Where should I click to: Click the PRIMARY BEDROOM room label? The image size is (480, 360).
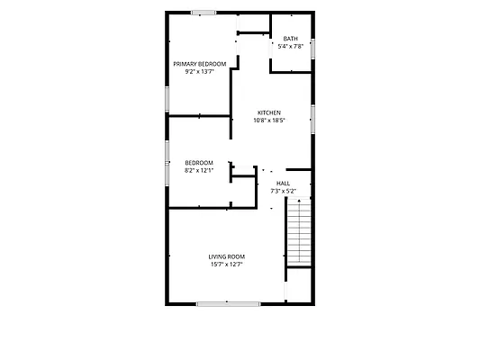point(200,64)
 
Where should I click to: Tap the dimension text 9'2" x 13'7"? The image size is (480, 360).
point(199,72)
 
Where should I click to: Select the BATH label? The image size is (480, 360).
point(291,39)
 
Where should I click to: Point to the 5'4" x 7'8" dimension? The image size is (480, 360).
point(291,47)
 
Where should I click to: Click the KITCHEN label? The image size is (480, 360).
point(269,112)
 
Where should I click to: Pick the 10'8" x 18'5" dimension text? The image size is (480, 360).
point(269,121)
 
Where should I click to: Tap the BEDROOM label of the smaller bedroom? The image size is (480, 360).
point(199,163)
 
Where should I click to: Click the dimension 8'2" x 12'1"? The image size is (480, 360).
point(199,170)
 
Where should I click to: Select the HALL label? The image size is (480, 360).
point(283,184)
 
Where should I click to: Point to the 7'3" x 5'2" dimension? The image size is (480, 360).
point(283,191)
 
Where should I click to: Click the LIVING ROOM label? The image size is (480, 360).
point(227,256)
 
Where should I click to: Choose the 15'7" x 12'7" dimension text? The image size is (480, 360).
point(227,265)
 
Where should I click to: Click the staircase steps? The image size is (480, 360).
point(299,231)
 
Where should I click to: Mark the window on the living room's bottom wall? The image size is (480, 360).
point(229,304)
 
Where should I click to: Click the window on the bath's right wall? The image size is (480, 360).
point(312,49)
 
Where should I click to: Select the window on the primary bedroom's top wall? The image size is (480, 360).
point(204,13)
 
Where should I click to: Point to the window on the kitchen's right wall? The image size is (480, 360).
point(312,120)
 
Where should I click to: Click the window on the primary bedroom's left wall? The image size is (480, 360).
point(168,99)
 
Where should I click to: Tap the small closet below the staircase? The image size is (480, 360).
point(299,285)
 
